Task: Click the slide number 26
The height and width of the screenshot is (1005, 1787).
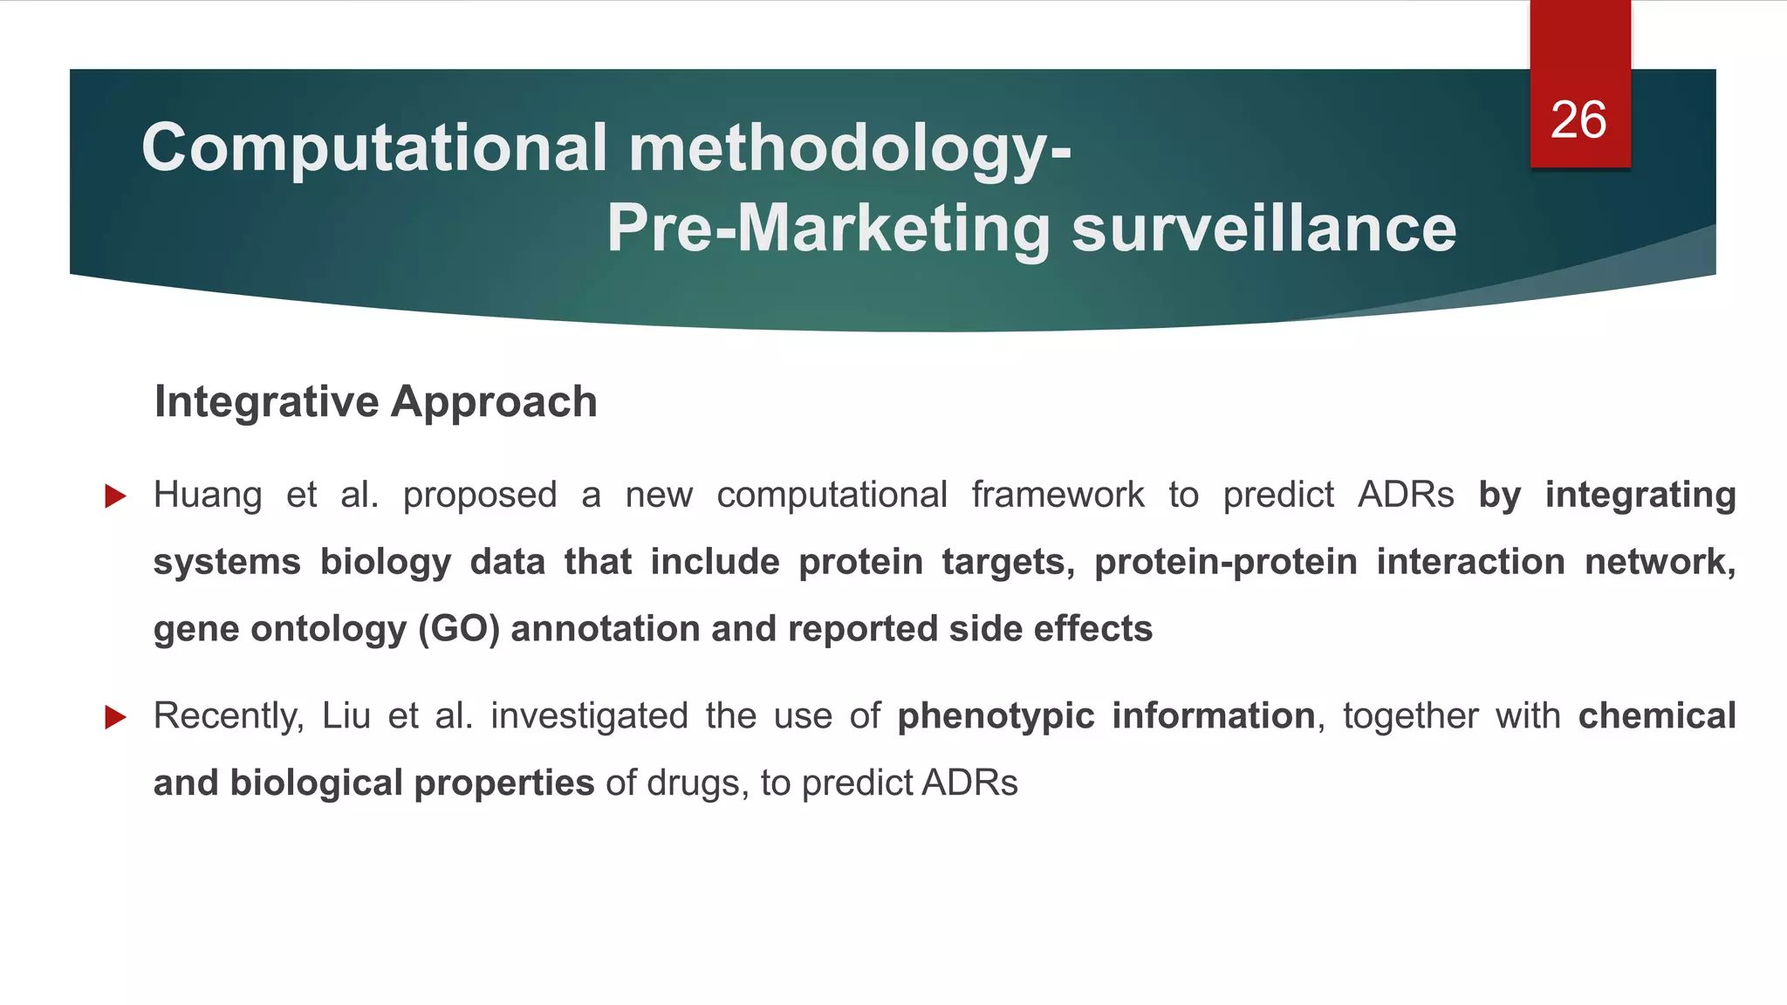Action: pyautogui.click(x=1578, y=120)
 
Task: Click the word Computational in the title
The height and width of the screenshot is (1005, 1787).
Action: pyautogui.click(x=374, y=147)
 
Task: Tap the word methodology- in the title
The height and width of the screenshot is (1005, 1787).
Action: pyautogui.click(x=850, y=147)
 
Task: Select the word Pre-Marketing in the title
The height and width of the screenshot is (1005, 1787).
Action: pyautogui.click(x=828, y=229)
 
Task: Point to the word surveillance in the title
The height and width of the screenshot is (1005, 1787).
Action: pyautogui.click(x=1263, y=229)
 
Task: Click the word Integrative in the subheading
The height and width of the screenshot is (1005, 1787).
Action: pyautogui.click(x=266, y=402)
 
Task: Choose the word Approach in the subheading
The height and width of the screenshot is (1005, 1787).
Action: pyautogui.click(x=494, y=402)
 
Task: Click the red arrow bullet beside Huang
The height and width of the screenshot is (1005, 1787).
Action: pyautogui.click(x=115, y=496)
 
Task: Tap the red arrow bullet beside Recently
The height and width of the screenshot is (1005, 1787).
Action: pyautogui.click(x=115, y=717)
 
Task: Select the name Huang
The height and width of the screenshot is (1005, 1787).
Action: pyautogui.click(x=208, y=496)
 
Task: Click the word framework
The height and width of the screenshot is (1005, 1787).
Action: pyautogui.click(x=1058, y=496)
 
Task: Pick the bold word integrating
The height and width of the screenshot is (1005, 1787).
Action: pyautogui.click(x=1640, y=496)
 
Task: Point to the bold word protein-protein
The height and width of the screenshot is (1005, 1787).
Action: pyautogui.click(x=1226, y=563)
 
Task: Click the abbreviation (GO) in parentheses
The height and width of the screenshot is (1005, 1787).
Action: pyautogui.click(x=459, y=629)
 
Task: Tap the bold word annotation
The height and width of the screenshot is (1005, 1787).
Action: pyautogui.click(x=606, y=629)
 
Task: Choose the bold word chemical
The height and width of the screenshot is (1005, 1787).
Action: pyautogui.click(x=1657, y=716)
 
